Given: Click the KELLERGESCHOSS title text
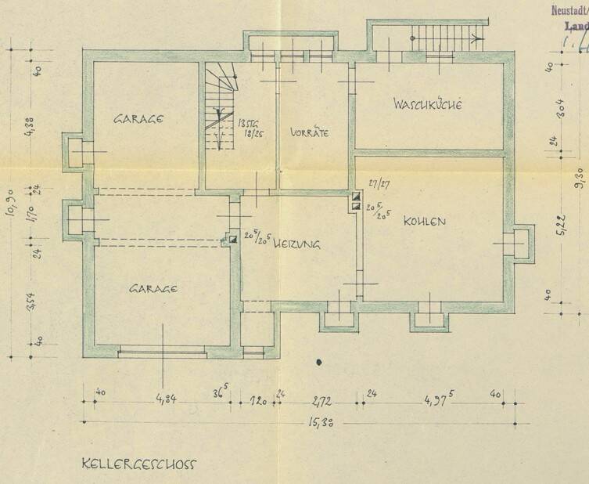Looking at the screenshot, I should (139, 463).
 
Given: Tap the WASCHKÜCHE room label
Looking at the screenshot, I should (429, 104).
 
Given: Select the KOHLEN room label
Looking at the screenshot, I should (425, 222).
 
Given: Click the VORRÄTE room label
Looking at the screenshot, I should (309, 132).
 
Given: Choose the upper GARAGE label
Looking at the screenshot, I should (138, 120).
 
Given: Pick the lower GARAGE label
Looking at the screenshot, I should (153, 288).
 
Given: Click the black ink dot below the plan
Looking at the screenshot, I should (318, 362).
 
